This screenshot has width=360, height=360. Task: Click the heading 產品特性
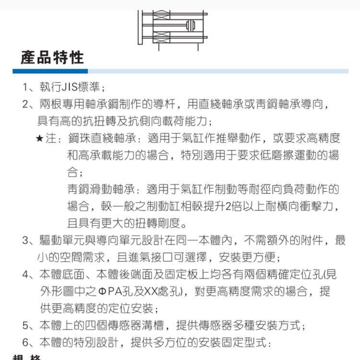(x=53, y=58)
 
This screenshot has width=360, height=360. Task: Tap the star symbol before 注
(x=40, y=139)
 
